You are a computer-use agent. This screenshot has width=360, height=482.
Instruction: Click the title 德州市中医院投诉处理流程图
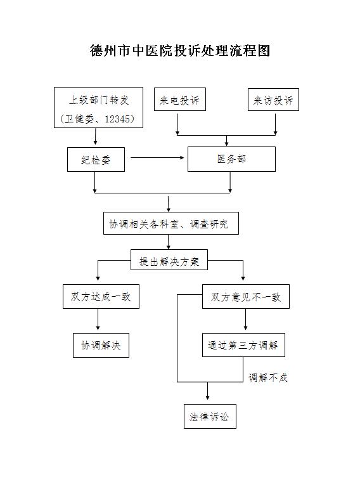(x=180, y=51)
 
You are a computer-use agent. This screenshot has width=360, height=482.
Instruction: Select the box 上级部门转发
(x=99, y=107)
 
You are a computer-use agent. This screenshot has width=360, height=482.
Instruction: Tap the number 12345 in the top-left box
(x=118, y=119)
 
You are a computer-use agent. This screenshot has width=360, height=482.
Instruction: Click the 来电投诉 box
(x=180, y=100)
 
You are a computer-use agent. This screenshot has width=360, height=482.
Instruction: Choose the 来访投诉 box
(x=273, y=100)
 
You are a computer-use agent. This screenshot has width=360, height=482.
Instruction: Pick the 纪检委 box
(x=96, y=160)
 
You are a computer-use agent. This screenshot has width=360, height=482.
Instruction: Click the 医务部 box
(x=231, y=159)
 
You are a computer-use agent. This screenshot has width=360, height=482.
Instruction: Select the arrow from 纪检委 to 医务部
(x=157, y=158)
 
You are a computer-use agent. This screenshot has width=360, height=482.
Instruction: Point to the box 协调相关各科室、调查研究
(x=171, y=223)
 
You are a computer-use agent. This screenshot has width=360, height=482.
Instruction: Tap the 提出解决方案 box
(x=169, y=260)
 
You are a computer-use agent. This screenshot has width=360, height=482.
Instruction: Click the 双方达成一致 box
(x=101, y=296)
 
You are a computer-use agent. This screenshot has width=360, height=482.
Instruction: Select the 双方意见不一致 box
(x=246, y=296)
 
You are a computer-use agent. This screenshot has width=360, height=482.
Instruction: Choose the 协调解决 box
(x=101, y=345)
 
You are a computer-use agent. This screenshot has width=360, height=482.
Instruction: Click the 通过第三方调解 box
(x=243, y=345)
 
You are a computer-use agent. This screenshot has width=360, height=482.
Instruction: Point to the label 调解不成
(x=268, y=377)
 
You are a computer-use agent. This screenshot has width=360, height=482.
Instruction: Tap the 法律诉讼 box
(x=210, y=417)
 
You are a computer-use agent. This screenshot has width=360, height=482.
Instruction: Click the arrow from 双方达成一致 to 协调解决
(x=98, y=319)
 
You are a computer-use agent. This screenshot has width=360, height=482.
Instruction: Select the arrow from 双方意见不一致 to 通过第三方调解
(x=245, y=319)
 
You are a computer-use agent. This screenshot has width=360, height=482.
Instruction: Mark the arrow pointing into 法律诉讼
(x=208, y=391)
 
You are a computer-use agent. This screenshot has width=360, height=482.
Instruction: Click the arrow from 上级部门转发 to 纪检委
(x=96, y=136)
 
